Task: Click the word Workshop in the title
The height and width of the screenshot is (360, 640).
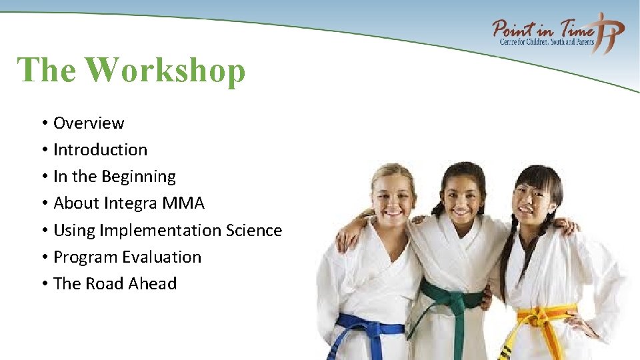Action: click(x=165, y=71)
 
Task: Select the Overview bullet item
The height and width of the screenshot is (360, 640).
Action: click(x=89, y=123)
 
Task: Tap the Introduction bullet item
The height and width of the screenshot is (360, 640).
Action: click(x=100, y=150)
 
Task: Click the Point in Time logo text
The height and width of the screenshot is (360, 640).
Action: click(x=543, y=29)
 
